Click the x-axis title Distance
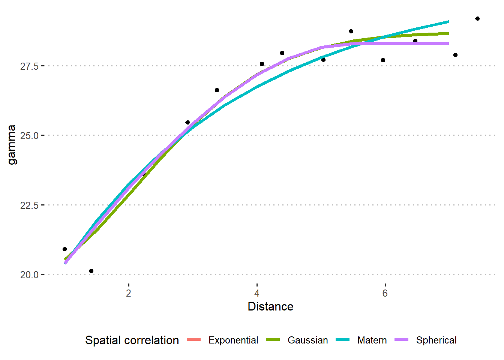[270, 306]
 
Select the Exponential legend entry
[233, 340]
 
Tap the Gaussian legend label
[307, 340]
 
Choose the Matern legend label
[372, 340]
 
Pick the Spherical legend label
[436, 340]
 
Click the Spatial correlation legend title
[132, 340]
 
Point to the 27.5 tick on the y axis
[29, 66]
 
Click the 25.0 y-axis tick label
[29, 136]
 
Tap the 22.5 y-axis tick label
[29, 205]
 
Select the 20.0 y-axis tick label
[29, 275]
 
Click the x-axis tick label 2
[129, 293]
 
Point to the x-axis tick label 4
[257, 293]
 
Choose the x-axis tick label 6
[385, 293]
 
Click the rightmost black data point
[477, 18]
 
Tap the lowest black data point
[91, 271]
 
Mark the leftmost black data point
[64, 249]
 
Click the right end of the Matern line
[448, 22]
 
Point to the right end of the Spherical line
[448, 43]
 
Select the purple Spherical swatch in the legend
[401, 340]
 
